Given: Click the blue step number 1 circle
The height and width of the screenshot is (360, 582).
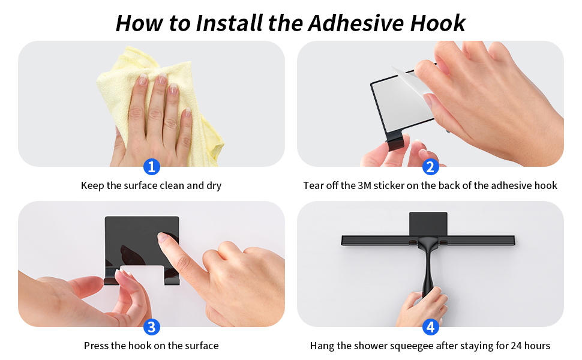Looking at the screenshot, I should tap(152, 166).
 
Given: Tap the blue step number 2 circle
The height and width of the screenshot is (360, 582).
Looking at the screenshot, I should tap(430, 166).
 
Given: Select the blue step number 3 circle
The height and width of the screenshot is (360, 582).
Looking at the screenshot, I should tap(152, 327).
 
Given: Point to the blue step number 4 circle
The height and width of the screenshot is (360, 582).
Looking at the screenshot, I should tap(430, 327).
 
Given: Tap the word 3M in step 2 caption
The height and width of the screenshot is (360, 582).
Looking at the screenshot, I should tap(365, 186).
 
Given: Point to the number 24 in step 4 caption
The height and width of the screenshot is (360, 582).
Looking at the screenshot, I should tap(517, 346).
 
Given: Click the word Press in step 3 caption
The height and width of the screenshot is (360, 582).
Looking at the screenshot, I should tap(96, 346).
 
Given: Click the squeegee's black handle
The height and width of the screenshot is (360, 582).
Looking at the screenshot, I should tap(428, 270).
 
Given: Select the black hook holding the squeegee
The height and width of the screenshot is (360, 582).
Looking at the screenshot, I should tap(428, 223).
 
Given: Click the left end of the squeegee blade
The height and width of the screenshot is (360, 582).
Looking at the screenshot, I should tap(344, 240).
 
